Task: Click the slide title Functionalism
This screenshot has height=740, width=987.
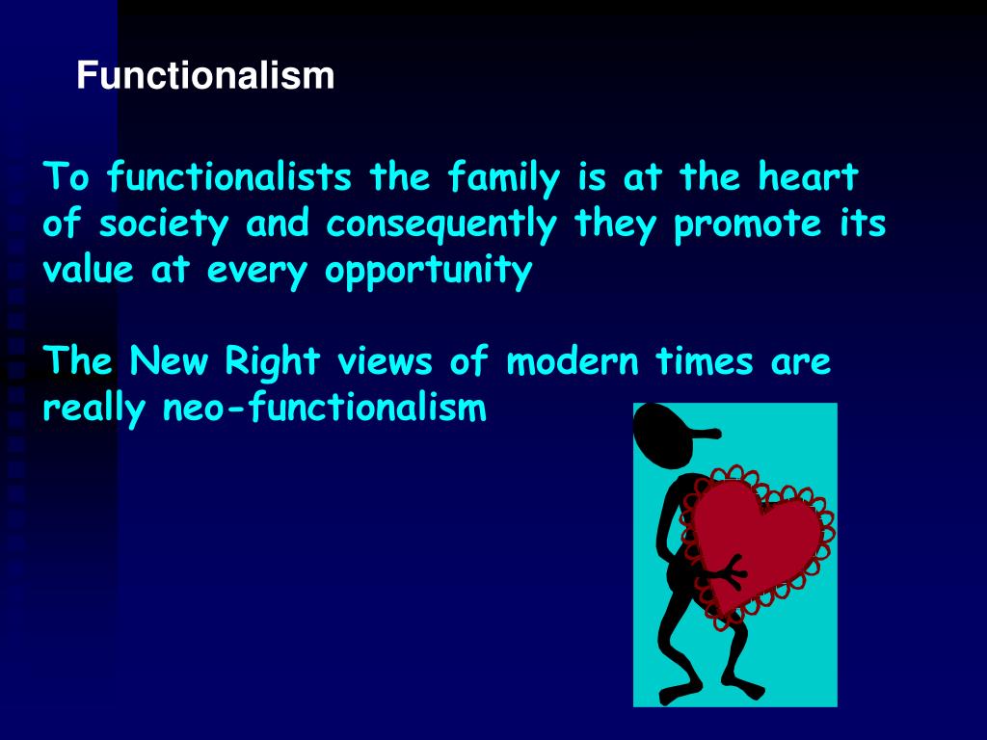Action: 206,76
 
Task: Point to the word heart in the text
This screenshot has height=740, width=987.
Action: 808,178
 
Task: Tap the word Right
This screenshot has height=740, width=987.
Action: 272,363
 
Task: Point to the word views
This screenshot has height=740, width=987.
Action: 383,363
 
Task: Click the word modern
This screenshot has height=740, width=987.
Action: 573,363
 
